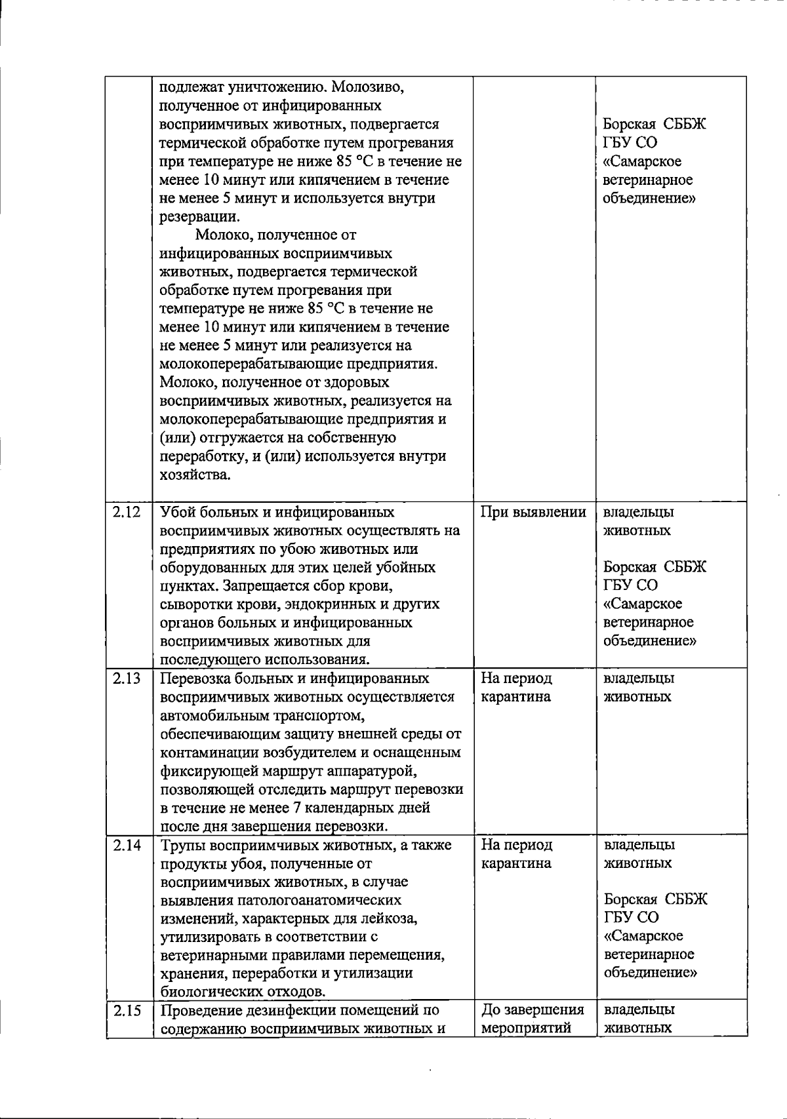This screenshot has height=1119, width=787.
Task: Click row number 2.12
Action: click(x=127, y=513)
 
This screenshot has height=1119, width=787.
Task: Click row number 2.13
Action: click(x=127, y=678)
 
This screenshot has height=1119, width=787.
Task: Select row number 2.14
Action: click(x=127, y=845)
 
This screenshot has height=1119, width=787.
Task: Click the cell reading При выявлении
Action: click(x=533, y=513)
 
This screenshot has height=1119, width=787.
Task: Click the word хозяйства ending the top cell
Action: click(x=194, y=475)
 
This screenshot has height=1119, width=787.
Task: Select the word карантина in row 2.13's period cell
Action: click(x=515, y=697)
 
